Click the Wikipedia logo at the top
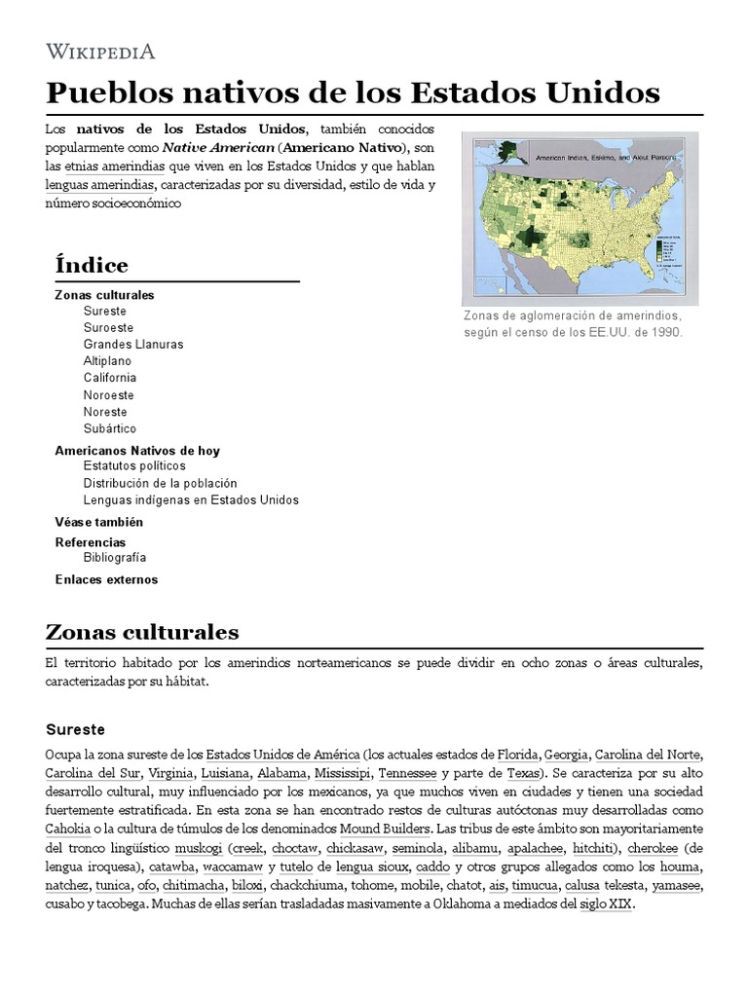point(100,51)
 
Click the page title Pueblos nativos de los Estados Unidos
point(353,93)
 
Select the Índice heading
point(92,265)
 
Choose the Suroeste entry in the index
point(108,327)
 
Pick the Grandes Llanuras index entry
point(133,344)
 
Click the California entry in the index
point(110,378)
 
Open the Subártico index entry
point(110,428)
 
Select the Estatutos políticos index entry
point(134,465)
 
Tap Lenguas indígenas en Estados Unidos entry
point(191,499)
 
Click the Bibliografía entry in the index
point(115,558)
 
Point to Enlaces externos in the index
point(106,579)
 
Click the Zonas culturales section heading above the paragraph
point(142,632)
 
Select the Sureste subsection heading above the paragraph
point(75,729)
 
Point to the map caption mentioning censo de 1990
point(575,324)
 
